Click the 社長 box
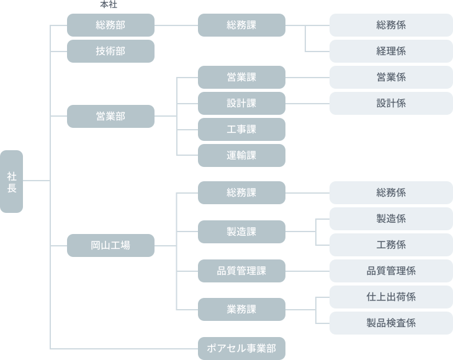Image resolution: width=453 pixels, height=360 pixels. coord(11,181)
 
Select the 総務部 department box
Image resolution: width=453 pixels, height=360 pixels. coord(110,25)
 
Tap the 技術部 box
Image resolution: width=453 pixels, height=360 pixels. coord(110,52)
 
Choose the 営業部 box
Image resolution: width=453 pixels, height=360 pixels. coord(110,116)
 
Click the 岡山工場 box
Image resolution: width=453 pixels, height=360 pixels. coord(110,245)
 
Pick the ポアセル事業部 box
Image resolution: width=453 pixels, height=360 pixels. coord(241,348)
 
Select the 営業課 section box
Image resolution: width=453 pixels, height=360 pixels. coord(241,78)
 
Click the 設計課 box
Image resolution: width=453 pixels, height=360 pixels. coord(241,103)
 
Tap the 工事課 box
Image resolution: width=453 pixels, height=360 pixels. coord(241,129)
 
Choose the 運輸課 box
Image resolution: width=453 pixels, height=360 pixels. coord(241,155)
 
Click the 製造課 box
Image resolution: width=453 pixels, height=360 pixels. coord(241,232)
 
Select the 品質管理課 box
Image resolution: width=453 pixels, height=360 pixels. coord(241,271)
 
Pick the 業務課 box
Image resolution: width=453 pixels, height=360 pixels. coord(241,309)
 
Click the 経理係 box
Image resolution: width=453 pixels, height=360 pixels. coord(391,52)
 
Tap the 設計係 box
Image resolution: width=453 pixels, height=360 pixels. coord(391,103)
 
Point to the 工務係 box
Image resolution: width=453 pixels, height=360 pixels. coord(391,245)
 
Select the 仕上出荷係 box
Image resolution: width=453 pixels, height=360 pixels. coord(391,297)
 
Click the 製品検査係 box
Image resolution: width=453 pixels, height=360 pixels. coord(391,323)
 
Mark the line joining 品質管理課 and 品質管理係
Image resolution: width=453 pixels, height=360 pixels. coord(307,271)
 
